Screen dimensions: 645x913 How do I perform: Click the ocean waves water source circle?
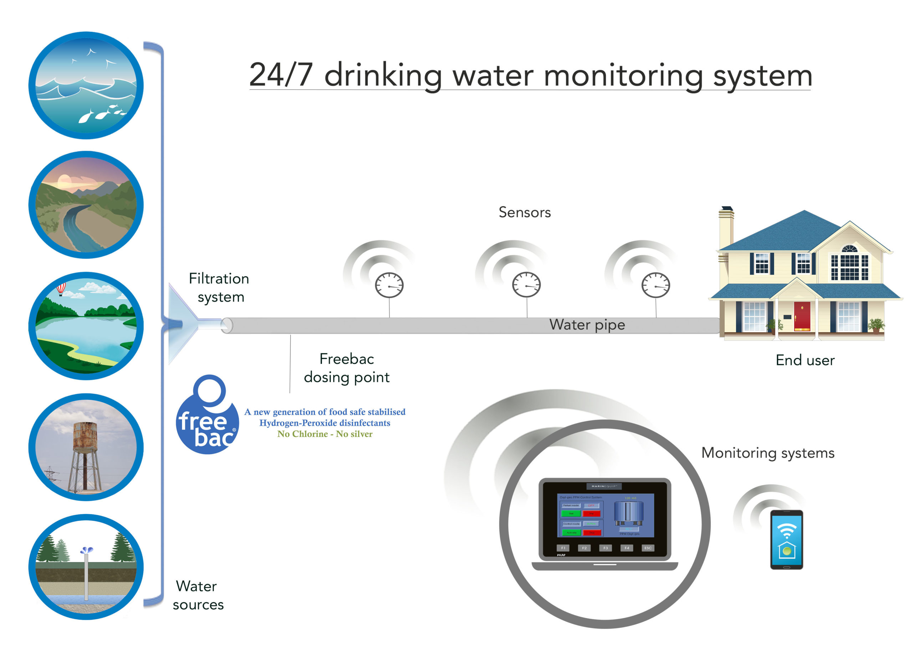tap(86, 86)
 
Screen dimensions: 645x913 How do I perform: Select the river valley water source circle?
tap(86, 205)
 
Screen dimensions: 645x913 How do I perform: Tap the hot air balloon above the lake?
tap(61, 289)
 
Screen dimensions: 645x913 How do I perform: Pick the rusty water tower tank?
tap(85, 435)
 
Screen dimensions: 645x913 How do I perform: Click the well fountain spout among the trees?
tap(86, 551)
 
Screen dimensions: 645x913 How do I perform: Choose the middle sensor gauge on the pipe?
tap(526, 284)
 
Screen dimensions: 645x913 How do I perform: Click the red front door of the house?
tap(802, 316)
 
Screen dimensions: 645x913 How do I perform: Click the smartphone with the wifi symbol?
tap(786, 539)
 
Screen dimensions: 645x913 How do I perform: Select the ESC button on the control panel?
tap(648, 548)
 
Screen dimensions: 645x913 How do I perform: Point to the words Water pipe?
tap(587, 325)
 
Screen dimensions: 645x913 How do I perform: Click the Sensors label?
tap(525, 212)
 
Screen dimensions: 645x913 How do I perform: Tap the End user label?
tap(805, 360)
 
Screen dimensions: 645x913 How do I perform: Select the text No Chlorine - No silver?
tap(325, 434)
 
